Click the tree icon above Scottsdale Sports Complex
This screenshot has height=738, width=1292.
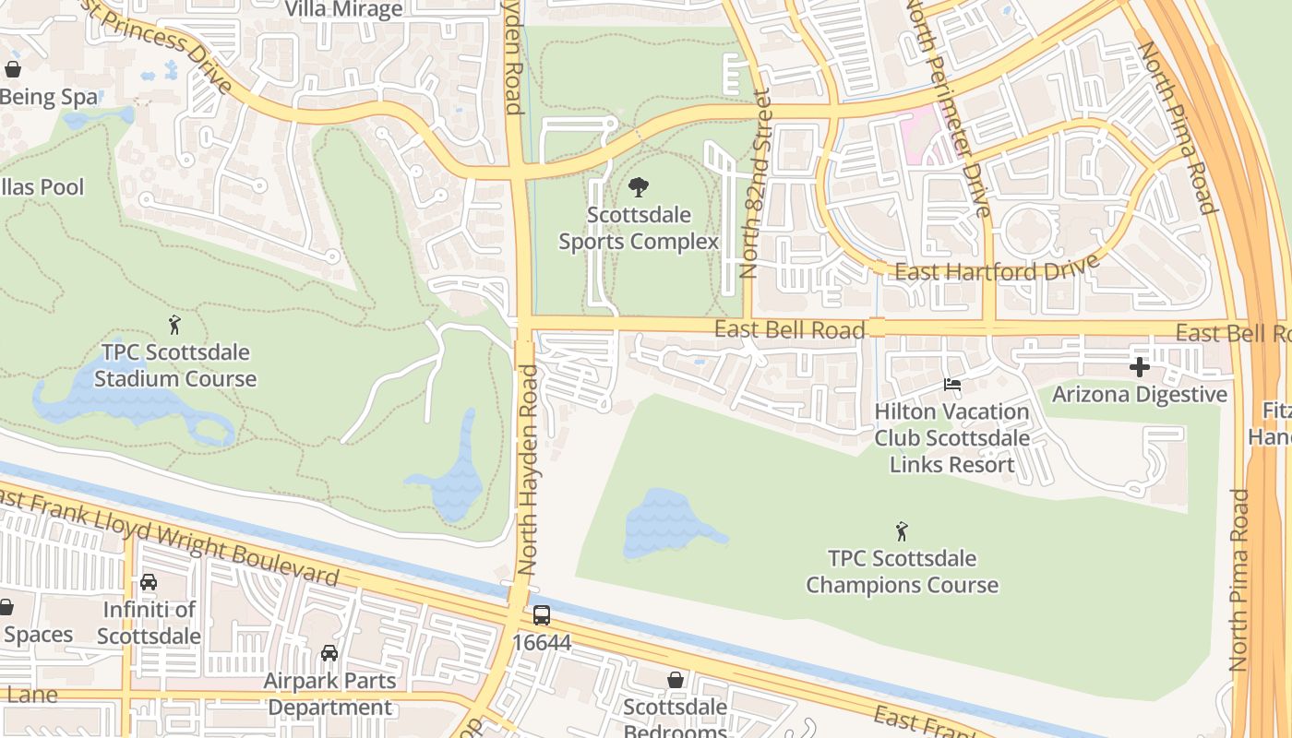[638, 188]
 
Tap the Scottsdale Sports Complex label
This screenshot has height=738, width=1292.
[639, 229]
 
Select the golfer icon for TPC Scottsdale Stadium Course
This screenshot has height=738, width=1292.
[174, 325]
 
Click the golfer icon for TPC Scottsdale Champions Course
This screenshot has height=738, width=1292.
[902, 531]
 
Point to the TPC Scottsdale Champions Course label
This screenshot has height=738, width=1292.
[902, 572]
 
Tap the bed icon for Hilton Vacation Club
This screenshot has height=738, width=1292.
[952, 385]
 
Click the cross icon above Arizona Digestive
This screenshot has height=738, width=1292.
[1140, 368]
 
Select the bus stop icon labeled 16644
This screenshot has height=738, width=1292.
[542, 615]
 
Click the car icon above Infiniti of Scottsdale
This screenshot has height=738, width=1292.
[148, 582]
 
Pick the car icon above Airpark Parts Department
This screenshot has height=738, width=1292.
[329, 653]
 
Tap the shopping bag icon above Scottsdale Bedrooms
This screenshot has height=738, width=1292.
[676, 680]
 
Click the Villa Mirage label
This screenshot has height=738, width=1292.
[343, 10]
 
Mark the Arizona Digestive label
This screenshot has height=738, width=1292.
[1140, 395]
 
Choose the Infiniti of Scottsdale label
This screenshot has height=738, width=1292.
[149, 623]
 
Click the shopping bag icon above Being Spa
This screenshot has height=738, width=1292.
[13, 69]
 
